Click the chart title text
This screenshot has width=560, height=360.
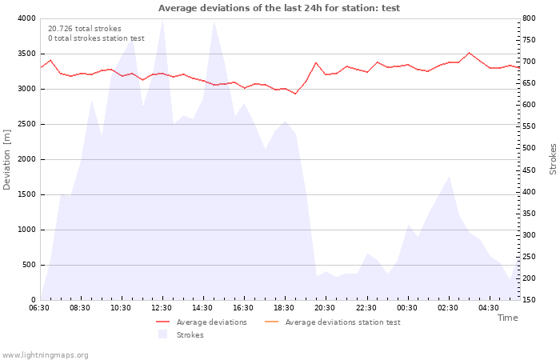(279, 8)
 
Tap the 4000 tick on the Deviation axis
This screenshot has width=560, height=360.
(26, 18)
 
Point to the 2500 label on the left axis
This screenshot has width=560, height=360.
(26, 124)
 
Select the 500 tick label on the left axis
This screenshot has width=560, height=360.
(29, 265)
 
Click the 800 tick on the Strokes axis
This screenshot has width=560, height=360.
(530, 18)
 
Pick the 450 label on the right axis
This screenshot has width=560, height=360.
(530, 170)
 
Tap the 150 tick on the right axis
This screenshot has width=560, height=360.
(530, 300)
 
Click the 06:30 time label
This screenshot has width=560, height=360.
(39, 308)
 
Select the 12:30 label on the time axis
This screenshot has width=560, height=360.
(162, 308)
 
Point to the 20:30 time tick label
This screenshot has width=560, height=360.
(325, 308)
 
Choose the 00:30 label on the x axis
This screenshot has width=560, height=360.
(406, 308)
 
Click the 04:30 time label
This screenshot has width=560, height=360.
(489, 308)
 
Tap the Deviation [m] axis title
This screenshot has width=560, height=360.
(6, 159)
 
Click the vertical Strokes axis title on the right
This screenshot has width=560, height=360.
(553, 159)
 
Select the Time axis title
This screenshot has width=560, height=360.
(507, 318)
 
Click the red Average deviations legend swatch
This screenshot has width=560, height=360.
(163, 322)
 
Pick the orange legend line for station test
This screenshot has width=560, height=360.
(271, 322)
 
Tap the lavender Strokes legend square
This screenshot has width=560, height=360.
(163, 334)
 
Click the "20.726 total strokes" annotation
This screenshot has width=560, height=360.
(85, 29)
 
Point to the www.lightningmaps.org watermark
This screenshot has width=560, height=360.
(45, 355)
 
